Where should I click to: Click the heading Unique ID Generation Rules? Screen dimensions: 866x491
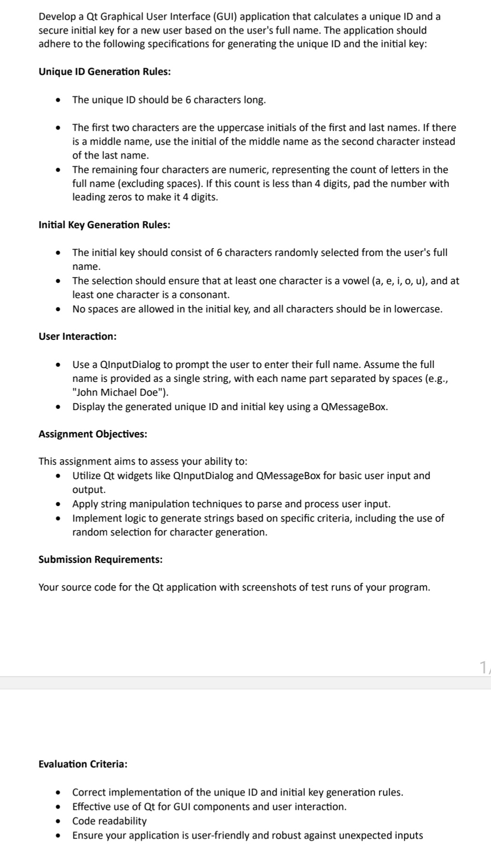pyautogui.click(x=104, y=72)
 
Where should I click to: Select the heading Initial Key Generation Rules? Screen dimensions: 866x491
pyautogui.click(x=104, y=225)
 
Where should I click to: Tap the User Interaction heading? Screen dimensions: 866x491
pyautogui.click(x=77, y=336)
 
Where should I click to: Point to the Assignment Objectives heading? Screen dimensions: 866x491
pyautogui.click(x=93, y=434)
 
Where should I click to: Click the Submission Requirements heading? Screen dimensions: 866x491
pyautogui.click(x=100, y=560)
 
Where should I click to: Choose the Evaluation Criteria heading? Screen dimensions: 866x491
pyautogui.click(x=83, y=764)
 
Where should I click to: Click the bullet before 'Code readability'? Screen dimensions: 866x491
pyautogui.click(x=58, y=822)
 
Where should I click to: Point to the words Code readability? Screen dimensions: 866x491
pyautogui.click(x=109, y=821)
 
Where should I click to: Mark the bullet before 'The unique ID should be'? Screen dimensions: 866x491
pyautogui.click(x=58, y=100)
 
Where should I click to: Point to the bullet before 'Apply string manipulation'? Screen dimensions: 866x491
pyautogui.click(x=58, y=504)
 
